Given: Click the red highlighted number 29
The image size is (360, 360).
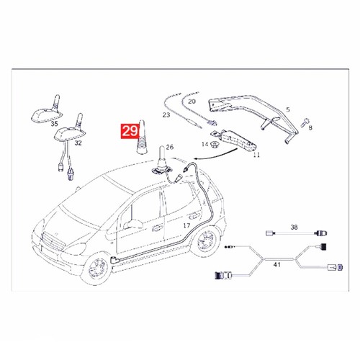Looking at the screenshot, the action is (x=130, y=131).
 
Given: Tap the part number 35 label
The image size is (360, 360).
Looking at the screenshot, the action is (x=55, y=124).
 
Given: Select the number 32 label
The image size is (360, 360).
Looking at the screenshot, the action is (x=78, y=143).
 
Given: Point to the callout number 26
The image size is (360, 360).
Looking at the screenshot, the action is (x=170, y=147).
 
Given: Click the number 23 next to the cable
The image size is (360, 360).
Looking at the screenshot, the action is (x=166, y=115).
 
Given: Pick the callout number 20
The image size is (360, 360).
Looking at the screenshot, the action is (x=192, y=102).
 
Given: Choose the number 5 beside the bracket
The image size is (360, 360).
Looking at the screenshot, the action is (x=288, y=109).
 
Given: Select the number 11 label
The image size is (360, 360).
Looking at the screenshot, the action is (x=256, y=155).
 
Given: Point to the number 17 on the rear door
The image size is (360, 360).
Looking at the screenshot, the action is (x=186, y=225).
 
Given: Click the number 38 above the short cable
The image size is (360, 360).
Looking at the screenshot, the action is (x=294, y=227).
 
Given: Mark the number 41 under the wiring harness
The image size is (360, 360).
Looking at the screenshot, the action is (x=277, y=265).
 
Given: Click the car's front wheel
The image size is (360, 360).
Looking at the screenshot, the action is (x=96, y=269).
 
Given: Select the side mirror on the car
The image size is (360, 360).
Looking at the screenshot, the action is (x=132, y=224).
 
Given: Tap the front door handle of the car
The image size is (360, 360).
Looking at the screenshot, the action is (x=157, y=228).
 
